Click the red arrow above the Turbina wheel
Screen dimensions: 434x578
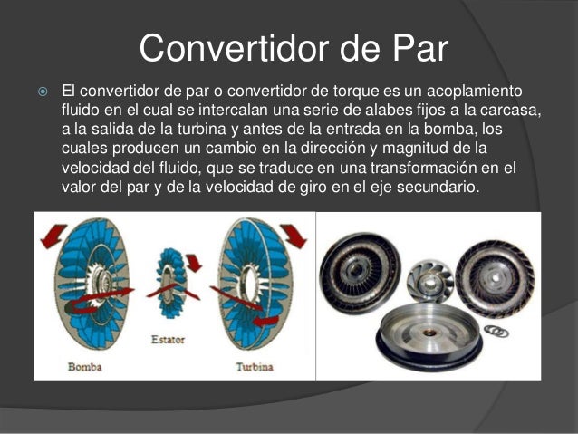(x=293, y=237)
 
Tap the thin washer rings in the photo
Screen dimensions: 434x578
(x=495, y=330)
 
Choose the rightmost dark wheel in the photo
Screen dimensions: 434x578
(x=495, y=269)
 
